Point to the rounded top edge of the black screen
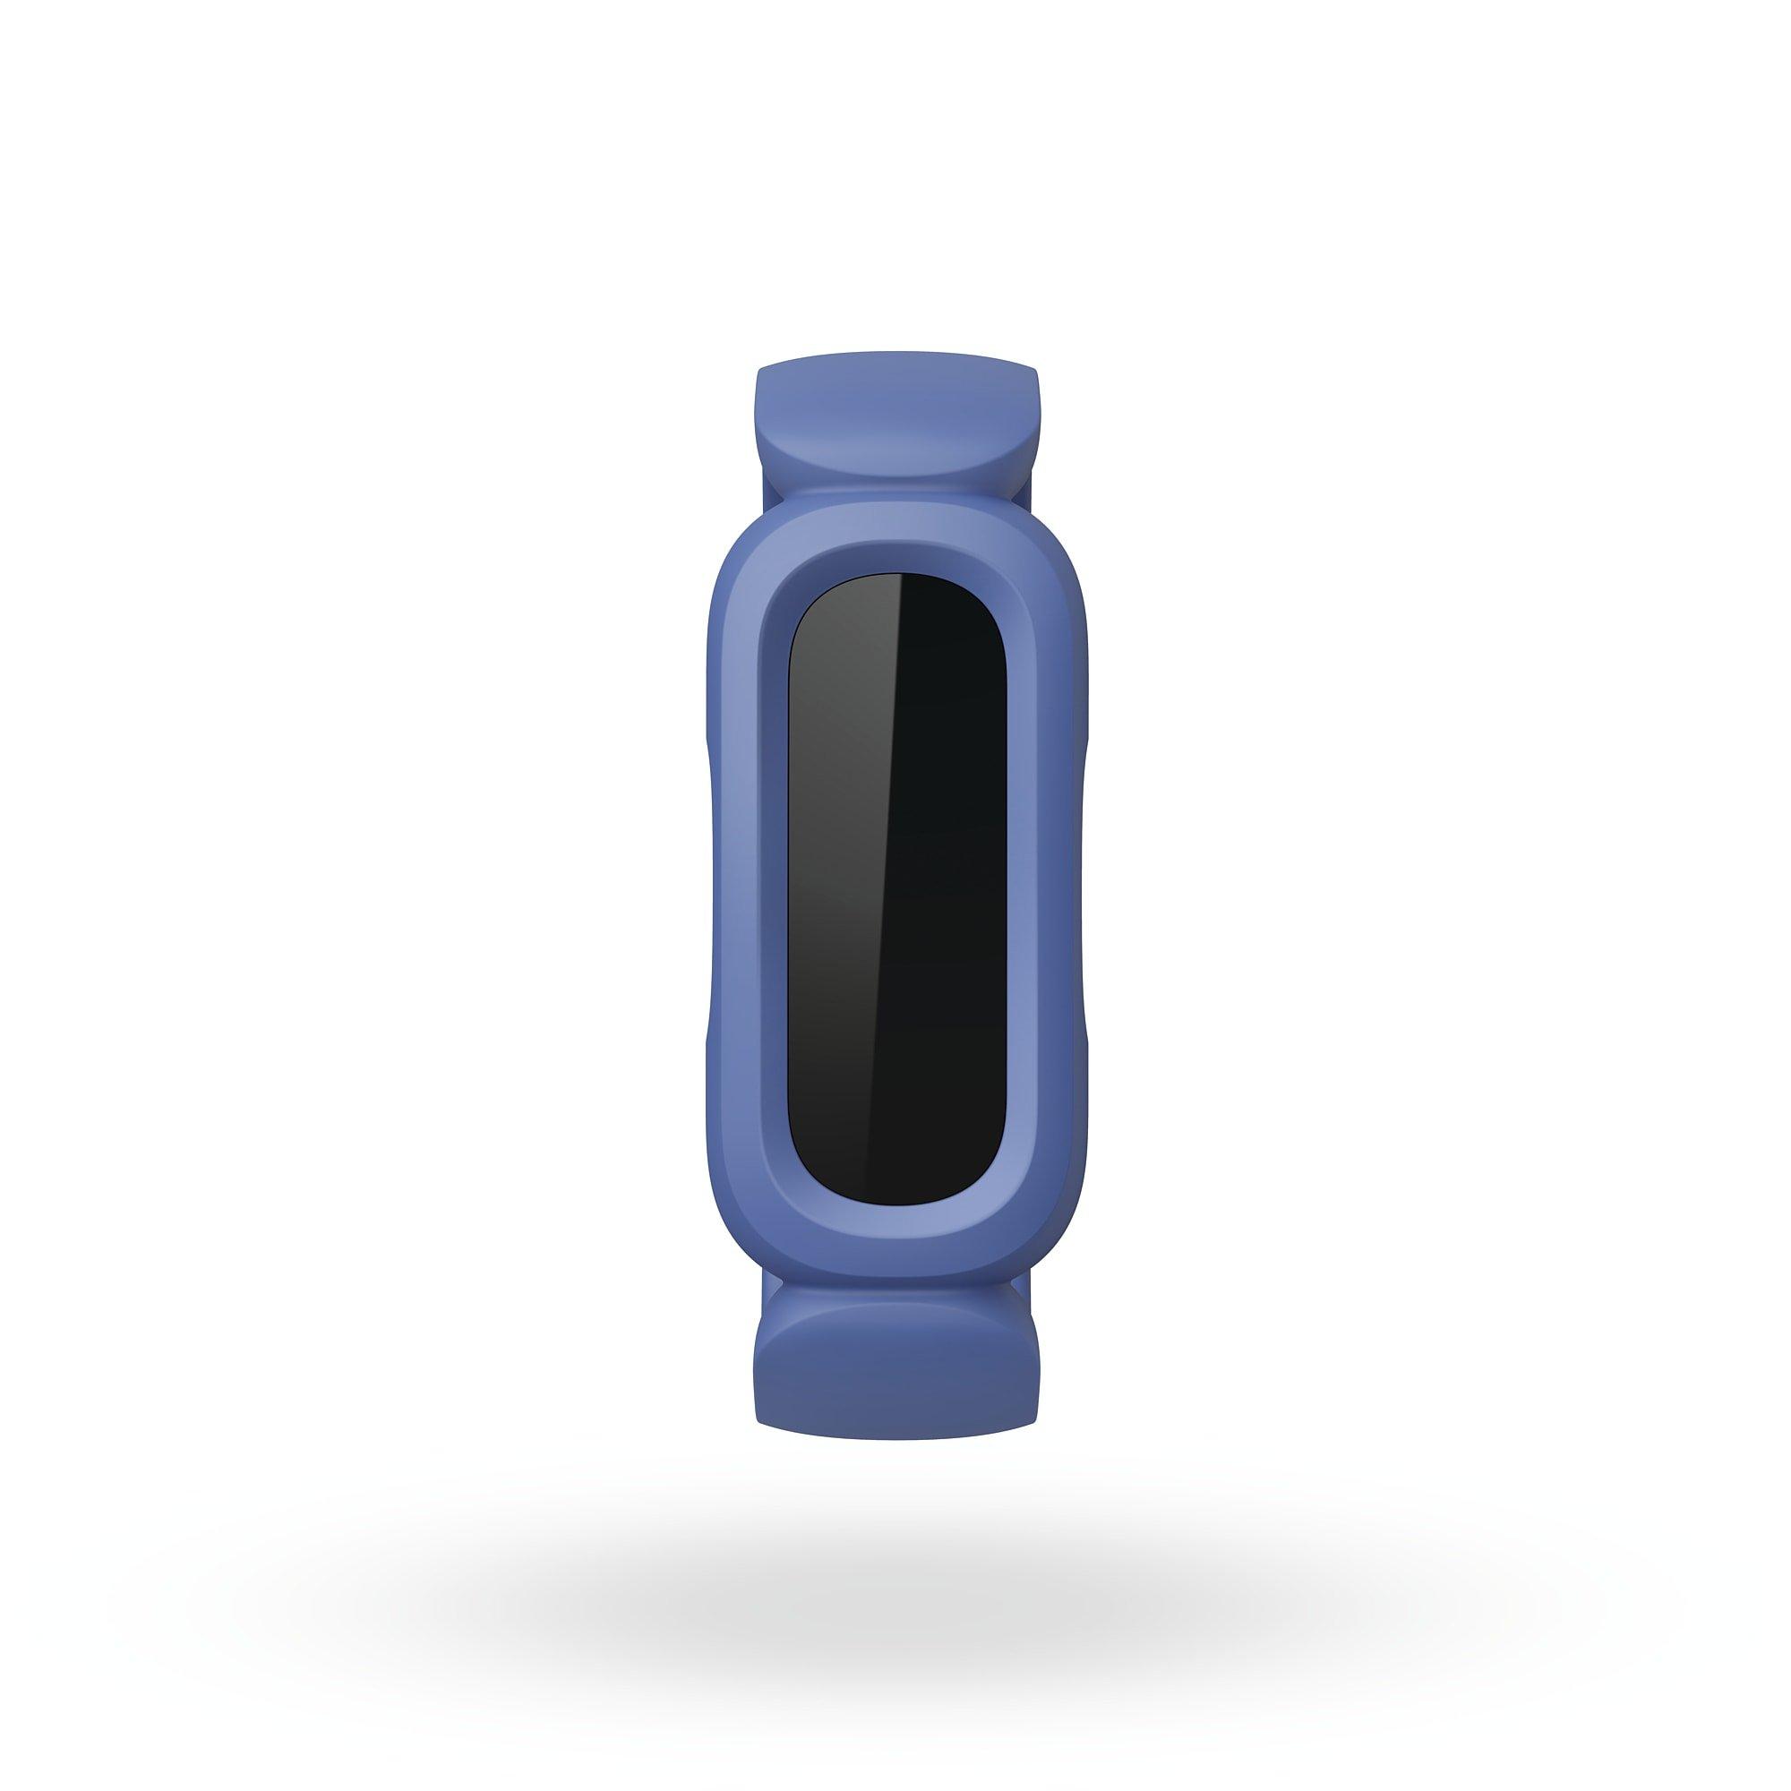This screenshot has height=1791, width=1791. (896, 576)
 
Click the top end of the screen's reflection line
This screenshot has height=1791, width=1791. (897, 580)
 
